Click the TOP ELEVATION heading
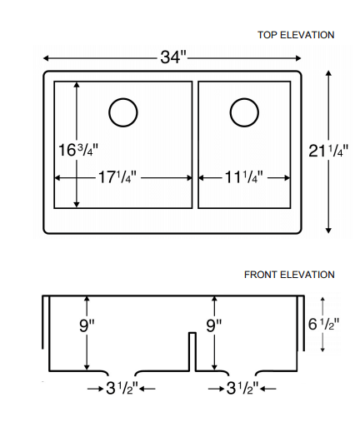(x=296, y=35)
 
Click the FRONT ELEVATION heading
(x=289, y=275)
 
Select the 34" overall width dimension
(x=172, y=57)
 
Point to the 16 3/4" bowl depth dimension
(x=77, y=151)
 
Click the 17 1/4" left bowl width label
(x=117, y=177)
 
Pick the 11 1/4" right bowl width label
(x=243, y=177)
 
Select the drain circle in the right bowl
(x=244, y=112)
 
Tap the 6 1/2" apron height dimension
(x=322, y=325)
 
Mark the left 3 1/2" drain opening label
(x=121, y=388)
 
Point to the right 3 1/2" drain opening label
(x=242, y=388)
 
